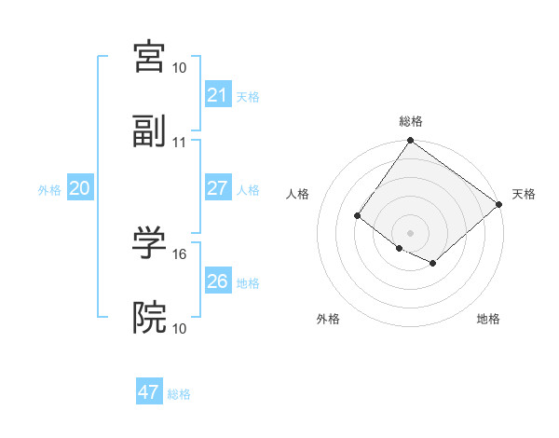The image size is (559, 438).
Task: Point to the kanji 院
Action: [x=150, y=319]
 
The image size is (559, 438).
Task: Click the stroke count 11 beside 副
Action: [x=180, y=143]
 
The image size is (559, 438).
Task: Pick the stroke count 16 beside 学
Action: [x=180, y=253]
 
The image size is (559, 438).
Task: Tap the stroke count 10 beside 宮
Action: [x=180, y=68]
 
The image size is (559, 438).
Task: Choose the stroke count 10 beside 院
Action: [x=180, y=329]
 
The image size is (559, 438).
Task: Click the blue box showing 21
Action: [x=217, y=95]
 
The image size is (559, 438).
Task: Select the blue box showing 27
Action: [x=217, y=188]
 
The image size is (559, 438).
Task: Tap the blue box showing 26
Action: [x=217, y=281]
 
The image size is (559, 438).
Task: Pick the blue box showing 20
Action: [x=79, y=188]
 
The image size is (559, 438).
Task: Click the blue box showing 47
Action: [x=149, y=392]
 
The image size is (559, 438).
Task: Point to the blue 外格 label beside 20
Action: [x=49, y=190]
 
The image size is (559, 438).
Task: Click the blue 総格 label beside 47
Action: [x=179, y=394]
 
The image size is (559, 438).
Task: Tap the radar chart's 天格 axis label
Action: [x=524, y=194]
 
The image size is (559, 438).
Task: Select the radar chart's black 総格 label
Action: [x=411, y=121]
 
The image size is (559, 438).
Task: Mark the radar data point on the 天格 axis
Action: [x=499, y=204]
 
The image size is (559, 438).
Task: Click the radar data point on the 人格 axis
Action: [x=358, y=216]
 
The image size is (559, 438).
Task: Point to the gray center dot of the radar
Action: [x=410, y=232]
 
